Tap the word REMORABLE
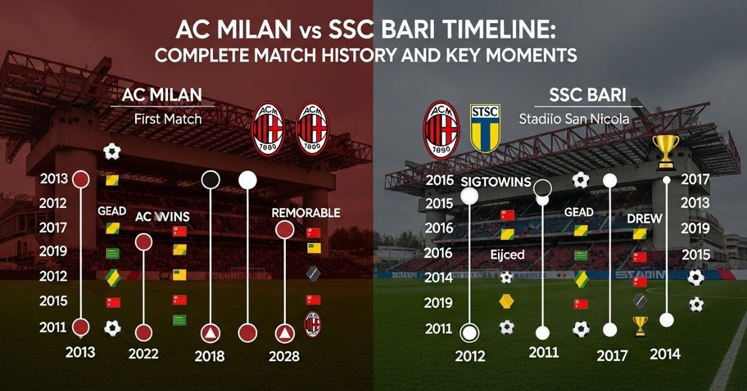point(306,212)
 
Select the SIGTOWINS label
point(496,182)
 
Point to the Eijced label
point(507,255)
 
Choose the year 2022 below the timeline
point(143,354)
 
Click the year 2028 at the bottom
point(284,356)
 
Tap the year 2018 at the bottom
point(209,356)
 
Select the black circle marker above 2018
point(211,180)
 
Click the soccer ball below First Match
point(112,151)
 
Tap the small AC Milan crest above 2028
point(312,324)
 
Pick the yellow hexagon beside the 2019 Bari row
point(506,302)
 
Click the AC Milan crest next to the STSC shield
point(441,130)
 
